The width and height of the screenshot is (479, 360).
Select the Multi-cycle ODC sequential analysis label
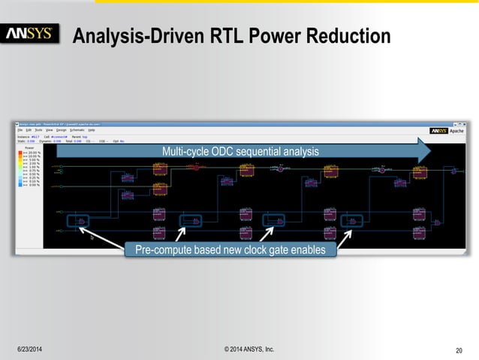click(240, 153)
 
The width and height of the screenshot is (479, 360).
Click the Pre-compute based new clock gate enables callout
click(230, 249)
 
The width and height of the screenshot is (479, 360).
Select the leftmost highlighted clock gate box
click(77, 221)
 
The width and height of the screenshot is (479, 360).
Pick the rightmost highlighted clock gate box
click(352, 221)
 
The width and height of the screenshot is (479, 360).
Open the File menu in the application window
click(20, 130)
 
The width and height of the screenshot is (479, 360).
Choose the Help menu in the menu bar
click(92, 130)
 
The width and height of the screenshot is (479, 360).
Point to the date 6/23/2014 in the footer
click(30, 349)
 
